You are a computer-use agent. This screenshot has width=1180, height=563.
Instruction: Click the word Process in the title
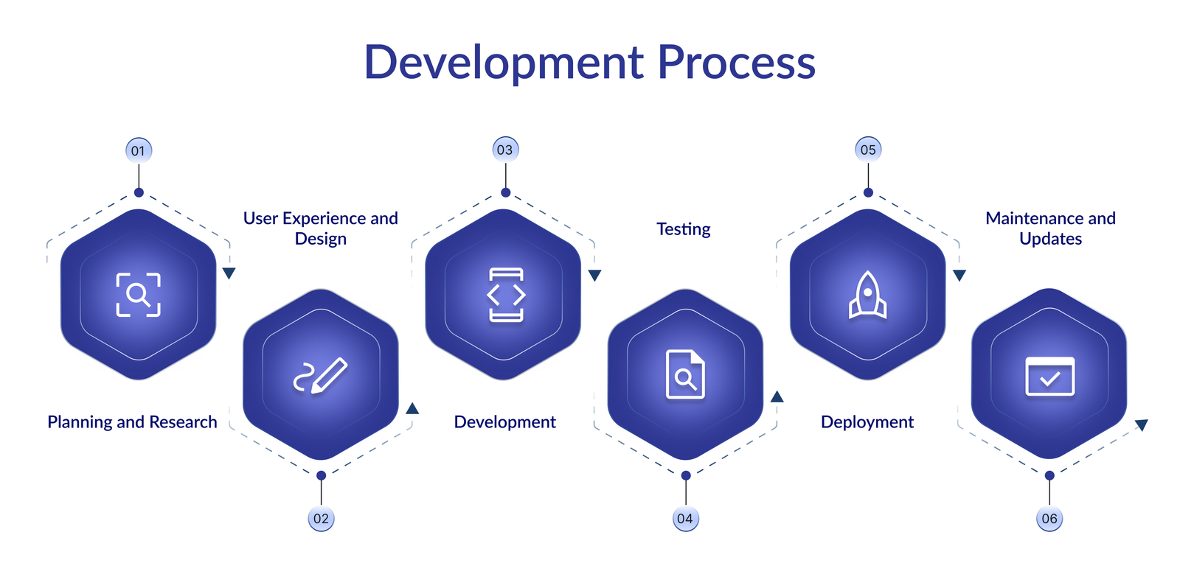pyautogui.click(x=737, y=63)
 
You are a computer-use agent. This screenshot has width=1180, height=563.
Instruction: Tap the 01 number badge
pyautogui.click(x=139, y=150)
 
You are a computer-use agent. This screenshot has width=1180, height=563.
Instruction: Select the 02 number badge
pyautogui.click(x=321, y=518)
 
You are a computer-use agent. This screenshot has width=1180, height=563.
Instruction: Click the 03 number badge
pyautogui.click(x=505, y=150)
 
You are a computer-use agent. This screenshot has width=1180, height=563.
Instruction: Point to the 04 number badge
pyautogui.click(x=685, y=518)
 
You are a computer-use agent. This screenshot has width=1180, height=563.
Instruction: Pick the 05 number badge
pyautogui.click(x=868, y=150)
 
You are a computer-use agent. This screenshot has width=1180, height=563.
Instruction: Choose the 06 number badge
pyautogui.click(x=1049, y=518)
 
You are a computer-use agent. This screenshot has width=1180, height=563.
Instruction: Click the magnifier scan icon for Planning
pyautogui.click(x=138, y=295)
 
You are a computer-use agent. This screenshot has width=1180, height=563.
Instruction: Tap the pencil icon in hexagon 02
pyautogui.click(x=320, y=375)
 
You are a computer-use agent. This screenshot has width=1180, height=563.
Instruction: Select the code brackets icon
pyautogui.click(x=506, y=295)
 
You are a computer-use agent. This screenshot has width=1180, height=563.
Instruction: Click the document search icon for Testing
pyautogui.click(x=685, y=374)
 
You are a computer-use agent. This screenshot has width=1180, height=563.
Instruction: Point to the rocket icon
pyautogui.click(x=867, y=295)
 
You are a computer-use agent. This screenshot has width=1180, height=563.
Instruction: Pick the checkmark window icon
pyautogui.click(x=1050, y=377)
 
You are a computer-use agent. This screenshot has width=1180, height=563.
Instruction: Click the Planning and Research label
pyautogui.click(x=132, y=422)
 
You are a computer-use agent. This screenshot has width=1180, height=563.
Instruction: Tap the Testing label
pyautogui.click(x=683, y=229)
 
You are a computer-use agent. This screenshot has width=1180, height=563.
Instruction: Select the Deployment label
pyautogui.click(x=867, y=422)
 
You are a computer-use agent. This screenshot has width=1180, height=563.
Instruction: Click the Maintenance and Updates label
pyautogui.click(x=1050, y=228)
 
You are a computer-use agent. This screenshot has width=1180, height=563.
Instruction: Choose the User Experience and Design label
pyautogui.click(x=320, y=228)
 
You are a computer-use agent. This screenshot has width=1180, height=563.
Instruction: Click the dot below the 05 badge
pyautogui.click(x=868, y=192)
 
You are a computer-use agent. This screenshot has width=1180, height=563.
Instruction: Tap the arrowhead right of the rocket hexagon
pyautogui.click(x=959, y=275)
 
